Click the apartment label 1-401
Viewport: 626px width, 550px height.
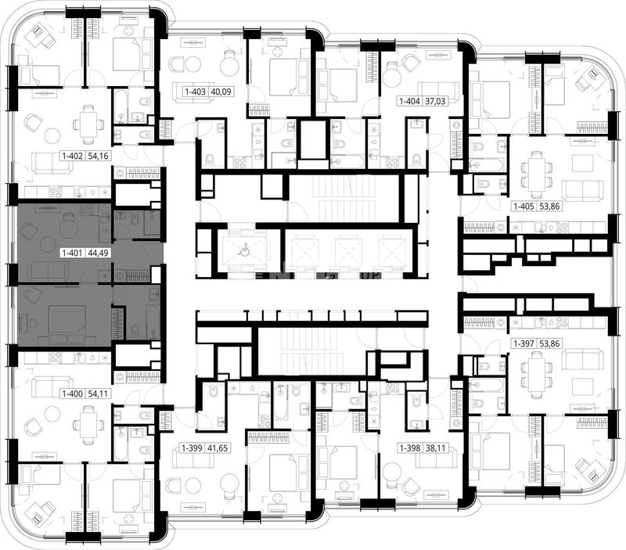point(72,253)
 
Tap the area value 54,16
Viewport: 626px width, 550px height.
point(99,156)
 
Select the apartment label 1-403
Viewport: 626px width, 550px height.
point(195,92)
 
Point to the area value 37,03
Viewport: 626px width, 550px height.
point(435,101)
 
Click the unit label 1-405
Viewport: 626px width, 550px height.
point(524,207)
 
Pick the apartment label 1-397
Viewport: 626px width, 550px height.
point(524,343)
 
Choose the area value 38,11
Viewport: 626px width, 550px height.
point(435,448)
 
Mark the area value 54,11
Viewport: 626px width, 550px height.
point(99,394)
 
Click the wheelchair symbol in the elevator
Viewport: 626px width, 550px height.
point(243,251)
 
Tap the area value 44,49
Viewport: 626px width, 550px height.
point(99,253)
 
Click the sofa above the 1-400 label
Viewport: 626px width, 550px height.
point(52,386)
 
